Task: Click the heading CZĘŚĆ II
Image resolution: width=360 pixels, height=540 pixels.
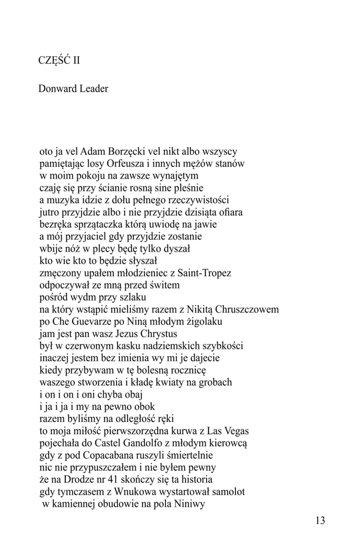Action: tap(59, 60)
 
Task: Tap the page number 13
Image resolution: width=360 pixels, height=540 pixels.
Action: tap(320, 521)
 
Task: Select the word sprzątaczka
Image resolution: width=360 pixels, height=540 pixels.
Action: tap(93, 224)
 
